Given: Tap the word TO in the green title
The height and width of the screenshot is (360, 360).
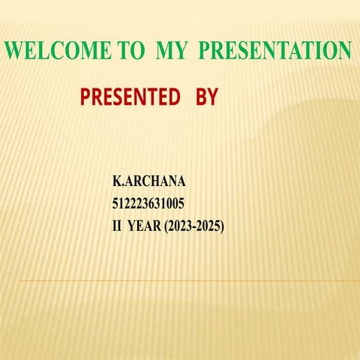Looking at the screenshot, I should coord(134,52).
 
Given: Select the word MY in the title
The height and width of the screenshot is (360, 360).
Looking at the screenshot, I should coord(175,52).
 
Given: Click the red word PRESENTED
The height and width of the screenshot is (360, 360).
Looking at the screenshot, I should coord(130,97).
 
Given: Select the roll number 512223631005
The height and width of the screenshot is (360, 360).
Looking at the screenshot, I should coord(148,202).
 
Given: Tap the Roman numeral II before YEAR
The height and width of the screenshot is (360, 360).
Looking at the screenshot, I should coord(117,224).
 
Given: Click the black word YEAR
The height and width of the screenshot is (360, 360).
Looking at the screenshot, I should coord(145,224).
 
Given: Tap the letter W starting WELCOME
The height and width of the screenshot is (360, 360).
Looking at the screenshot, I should coord(14,52).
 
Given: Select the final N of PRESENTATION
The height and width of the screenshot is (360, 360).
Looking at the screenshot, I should coord(344,52).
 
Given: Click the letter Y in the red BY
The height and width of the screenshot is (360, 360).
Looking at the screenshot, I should coord(211,97).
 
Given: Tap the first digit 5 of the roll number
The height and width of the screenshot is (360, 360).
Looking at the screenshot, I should coord(115,202).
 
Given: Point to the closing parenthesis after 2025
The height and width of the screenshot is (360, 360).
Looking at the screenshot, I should coord(222,224).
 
